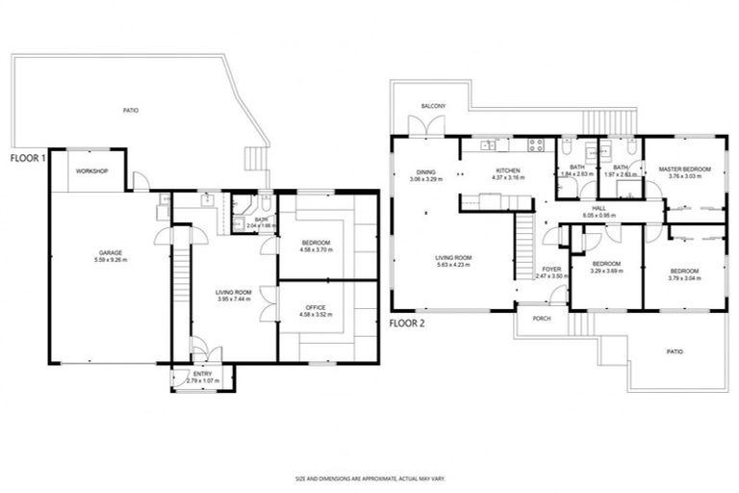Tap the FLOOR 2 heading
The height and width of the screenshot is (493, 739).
click(x=408, y=324)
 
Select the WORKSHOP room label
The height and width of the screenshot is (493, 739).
click(x=92, y=171)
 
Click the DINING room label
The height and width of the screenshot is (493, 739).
click(x=426, y=173)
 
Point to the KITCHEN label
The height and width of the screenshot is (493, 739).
click(x=506, y=170)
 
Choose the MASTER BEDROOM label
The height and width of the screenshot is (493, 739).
click(x=684, y=169)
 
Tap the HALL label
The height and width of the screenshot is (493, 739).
click(x=599, y=209)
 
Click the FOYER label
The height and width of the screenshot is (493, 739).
click(x=550, y=270)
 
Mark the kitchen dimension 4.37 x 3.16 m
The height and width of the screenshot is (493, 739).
click(x=506, y=178)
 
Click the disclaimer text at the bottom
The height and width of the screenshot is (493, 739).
click(x=369, y=478)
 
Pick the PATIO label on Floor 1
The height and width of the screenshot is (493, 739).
click(x=131, y=111)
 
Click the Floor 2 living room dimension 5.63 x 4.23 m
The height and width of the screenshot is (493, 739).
click(x=452, y=264)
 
